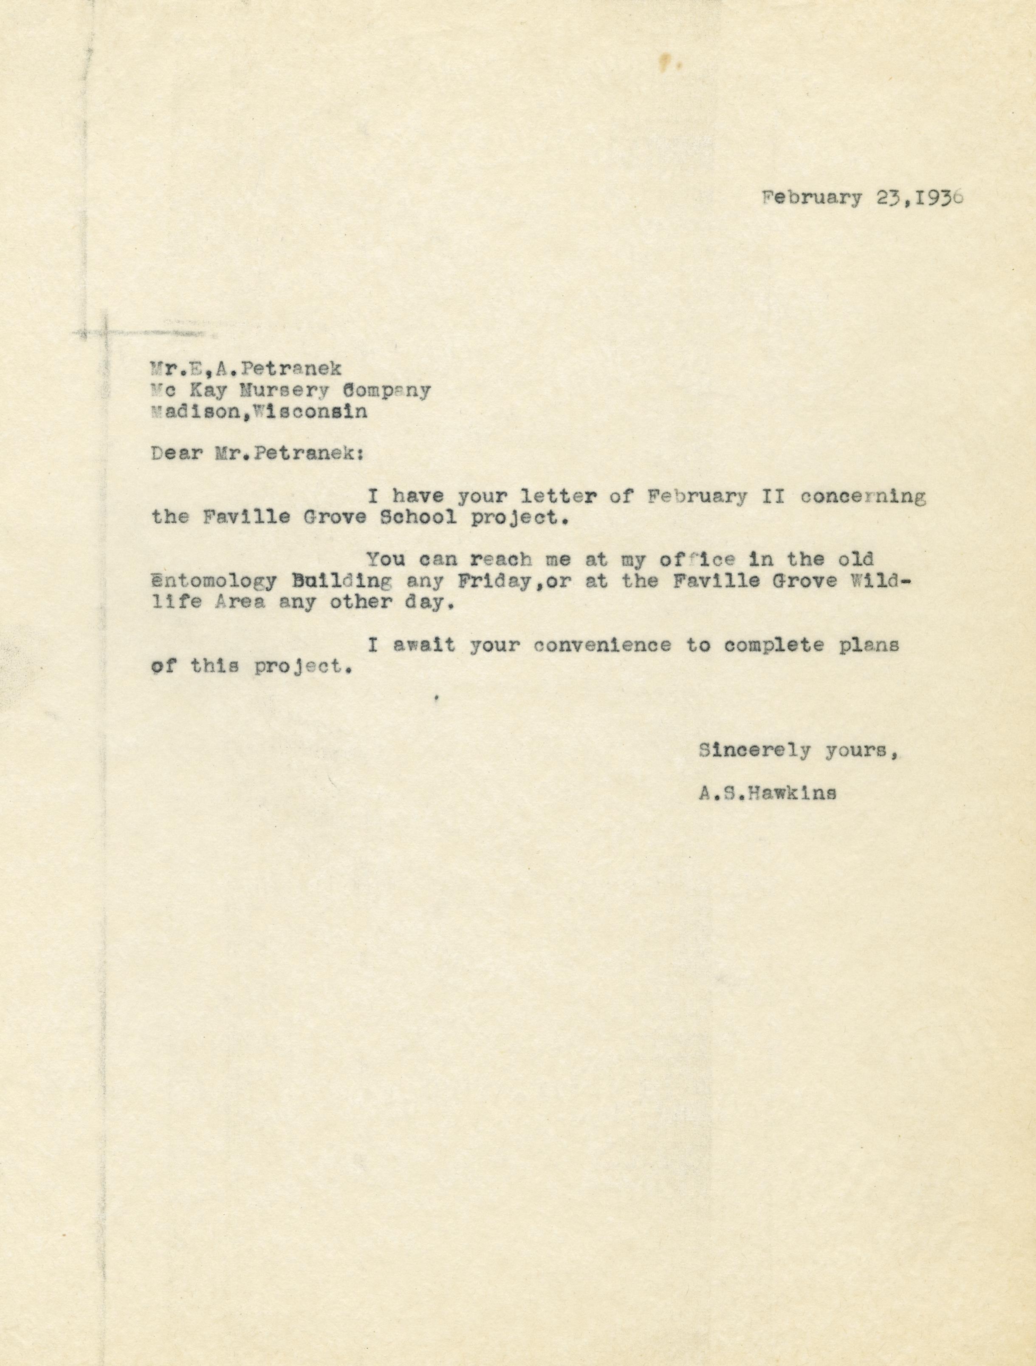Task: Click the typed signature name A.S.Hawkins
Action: pyautogui.click(x=768, y=794)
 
